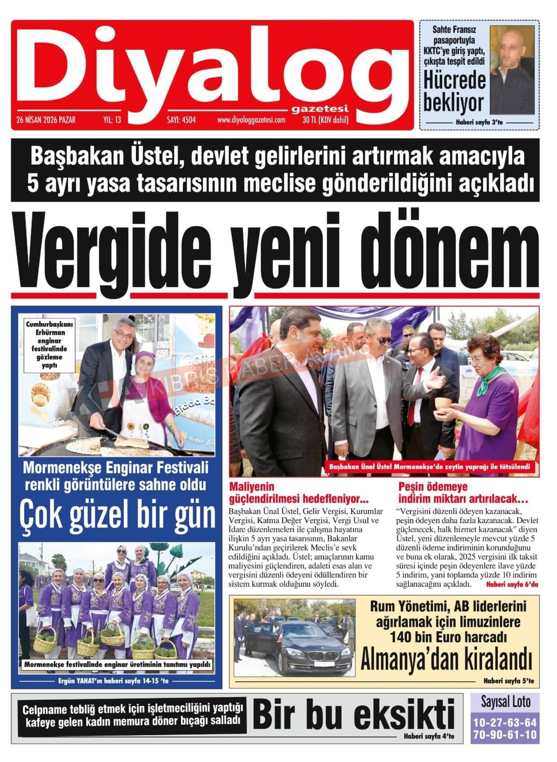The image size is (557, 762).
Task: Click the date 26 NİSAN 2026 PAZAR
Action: coord(46,120)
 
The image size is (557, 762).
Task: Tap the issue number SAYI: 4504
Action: coord(181,120)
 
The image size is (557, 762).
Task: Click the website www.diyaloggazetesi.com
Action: coord(251,120)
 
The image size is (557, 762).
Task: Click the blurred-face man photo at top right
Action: coord(512,69)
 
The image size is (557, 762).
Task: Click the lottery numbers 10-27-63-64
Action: coord(505,723)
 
